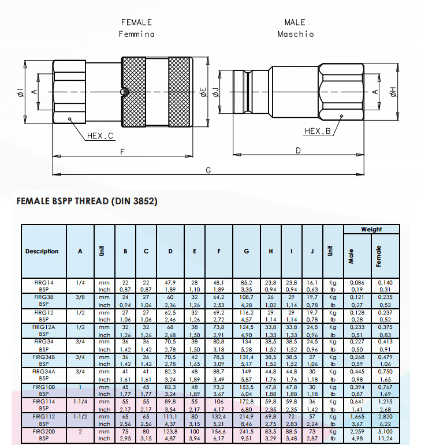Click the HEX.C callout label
pos(100,136)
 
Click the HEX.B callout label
pos(318,131)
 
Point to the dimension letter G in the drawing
pos(208,170)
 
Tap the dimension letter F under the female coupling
pos(122,152)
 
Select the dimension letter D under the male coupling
pos(298,151)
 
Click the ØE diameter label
pos(203,92)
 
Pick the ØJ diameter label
pos(216,92)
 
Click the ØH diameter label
pos(393,92)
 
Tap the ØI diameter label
pos(20,92)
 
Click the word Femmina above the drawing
pos(136,34)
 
